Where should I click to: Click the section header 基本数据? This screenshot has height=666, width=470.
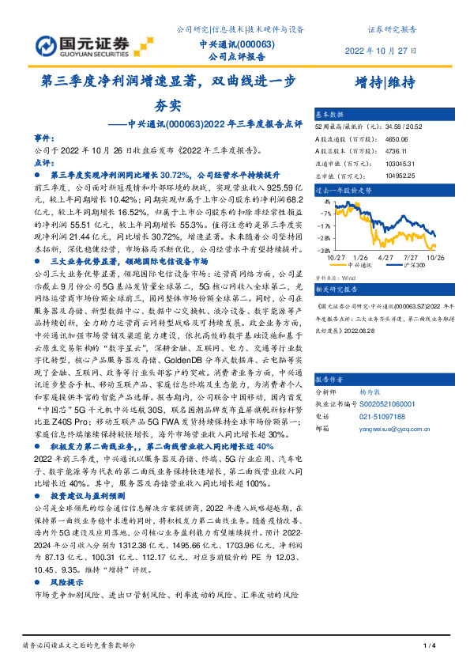[x=330, y=114]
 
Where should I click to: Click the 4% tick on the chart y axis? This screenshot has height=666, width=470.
[x=324, y=202]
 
